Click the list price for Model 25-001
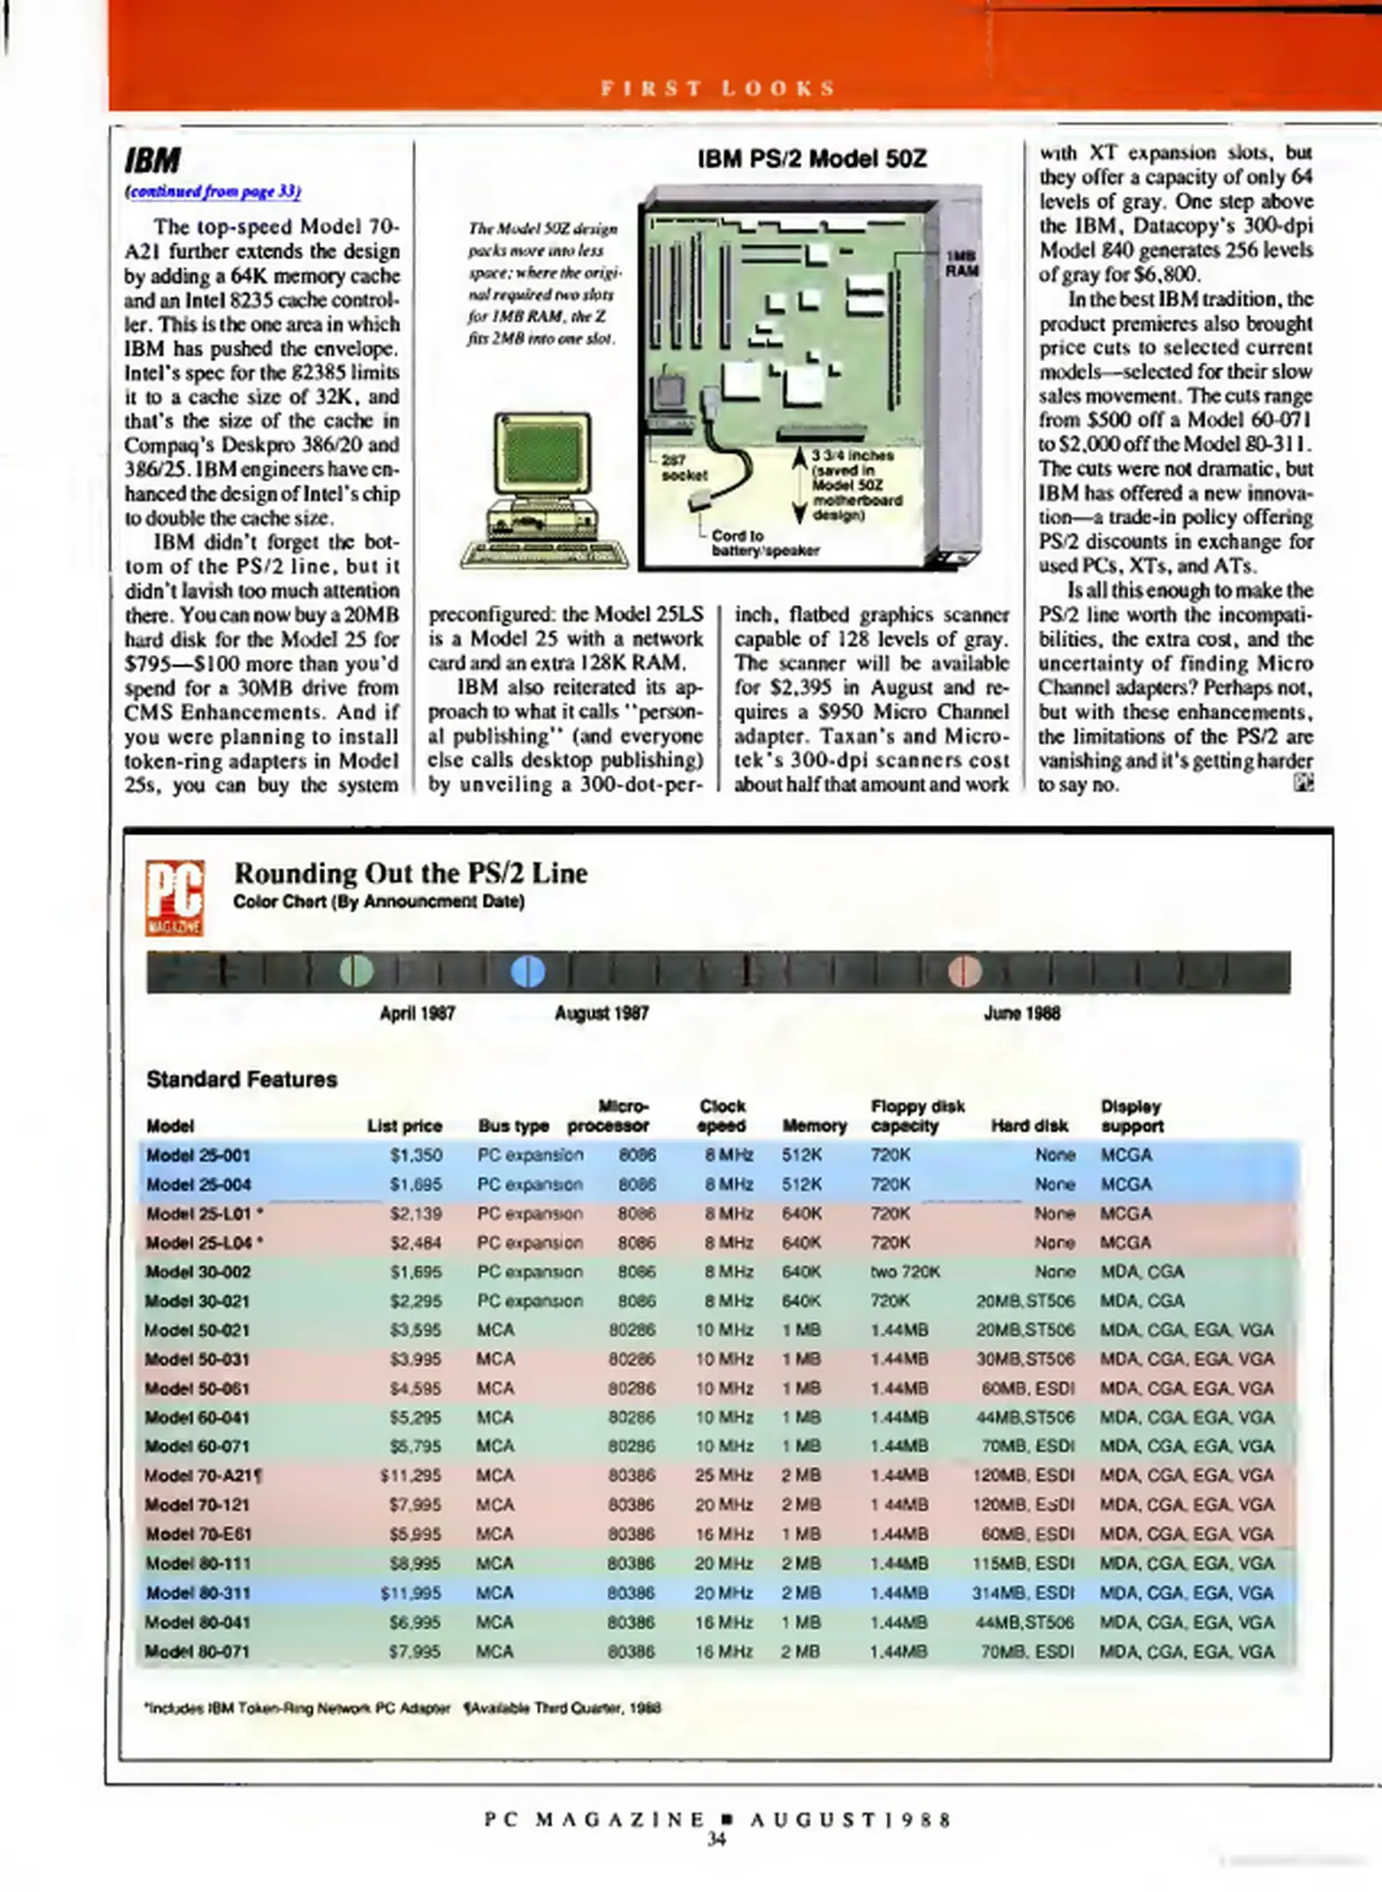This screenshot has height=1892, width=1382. pyautogui.click(x=415, y=1154)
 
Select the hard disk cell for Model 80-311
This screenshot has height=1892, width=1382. pyautogui.click(x=1023, y=1592)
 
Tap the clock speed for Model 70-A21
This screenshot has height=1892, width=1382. pyautogui.click(x=723, y=1475)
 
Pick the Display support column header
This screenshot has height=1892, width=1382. pyautogui.click(x=1130, y=1116)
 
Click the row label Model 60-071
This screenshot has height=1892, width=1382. pyautogui.click(x=197, y=1446)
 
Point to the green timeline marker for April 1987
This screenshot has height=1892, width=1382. pyautogui.click(x=356, y=971)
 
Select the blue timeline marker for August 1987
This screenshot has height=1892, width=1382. pyautogui.click(x=528, y=971)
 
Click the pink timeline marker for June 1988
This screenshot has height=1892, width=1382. pyautogui.click(x=964, y=971)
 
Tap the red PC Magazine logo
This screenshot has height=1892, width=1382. pyautogui.click(x=175, y=898)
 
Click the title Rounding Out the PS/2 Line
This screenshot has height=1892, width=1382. pyautogui.click(x=410, y=872)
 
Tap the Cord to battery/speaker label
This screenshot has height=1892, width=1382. pyautogui.click(x=765, y=542)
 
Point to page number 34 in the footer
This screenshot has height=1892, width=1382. pyautogui.click(x=716, y=1839)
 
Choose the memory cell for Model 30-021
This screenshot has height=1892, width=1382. pyautogui.click(x=801, y=1301)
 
